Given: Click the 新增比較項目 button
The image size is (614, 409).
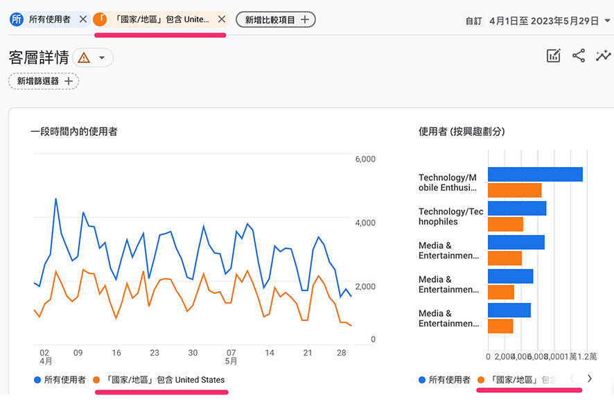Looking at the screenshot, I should coord(276,20).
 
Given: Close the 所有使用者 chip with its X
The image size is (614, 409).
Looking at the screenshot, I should coord(83,19).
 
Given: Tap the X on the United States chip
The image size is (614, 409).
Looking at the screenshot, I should coord(221,19).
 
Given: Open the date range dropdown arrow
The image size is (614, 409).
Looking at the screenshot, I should coord(608,21).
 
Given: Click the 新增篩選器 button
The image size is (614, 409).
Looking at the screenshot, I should coord(44,81).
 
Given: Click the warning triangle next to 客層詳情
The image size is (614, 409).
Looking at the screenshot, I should coord(84,58).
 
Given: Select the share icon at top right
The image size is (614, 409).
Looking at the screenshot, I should coord(579,56).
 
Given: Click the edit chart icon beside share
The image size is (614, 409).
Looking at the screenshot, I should coord(553,56).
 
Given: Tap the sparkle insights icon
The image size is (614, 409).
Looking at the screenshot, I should coord(604,56).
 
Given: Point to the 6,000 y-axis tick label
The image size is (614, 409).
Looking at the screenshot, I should coord(365,159).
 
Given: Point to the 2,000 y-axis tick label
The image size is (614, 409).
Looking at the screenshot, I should coord(365,287).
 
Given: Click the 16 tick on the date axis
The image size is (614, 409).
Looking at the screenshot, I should coord(116,353).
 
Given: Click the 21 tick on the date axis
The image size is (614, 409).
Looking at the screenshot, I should coord(308,353).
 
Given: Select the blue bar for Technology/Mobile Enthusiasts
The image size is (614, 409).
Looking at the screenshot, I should coord(535,175).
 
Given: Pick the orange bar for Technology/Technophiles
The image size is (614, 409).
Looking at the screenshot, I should coord(505,225).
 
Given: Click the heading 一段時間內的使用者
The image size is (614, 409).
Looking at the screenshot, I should coord(74,131).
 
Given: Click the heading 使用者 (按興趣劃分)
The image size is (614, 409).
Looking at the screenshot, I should coord(462,131).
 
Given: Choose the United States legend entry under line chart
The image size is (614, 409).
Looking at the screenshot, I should coord(165,380).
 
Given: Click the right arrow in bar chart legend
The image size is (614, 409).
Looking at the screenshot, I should coord(590,379).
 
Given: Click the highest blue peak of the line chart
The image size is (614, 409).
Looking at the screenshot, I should coord(55,199).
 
